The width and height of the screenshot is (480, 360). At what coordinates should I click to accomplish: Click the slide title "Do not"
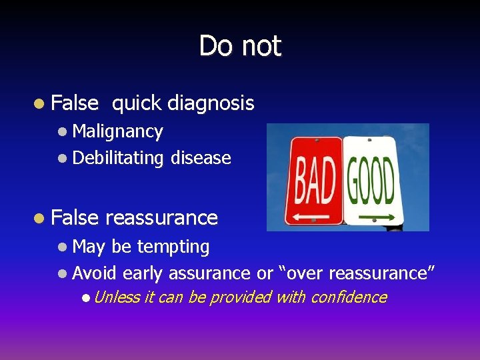coord(240,46)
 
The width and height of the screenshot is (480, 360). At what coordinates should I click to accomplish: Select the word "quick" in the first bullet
coord(137,103)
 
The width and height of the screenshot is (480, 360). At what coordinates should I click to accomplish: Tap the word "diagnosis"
coord(211,103)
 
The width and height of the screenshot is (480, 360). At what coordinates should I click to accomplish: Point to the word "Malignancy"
coord(117,131)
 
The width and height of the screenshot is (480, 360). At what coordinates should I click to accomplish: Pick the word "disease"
coord(201,158)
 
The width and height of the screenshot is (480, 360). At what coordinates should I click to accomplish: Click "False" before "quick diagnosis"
coord(74,103)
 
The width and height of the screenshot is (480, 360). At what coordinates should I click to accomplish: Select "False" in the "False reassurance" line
coord(74,217)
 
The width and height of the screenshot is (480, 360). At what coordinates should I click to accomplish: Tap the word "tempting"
coord(173,247)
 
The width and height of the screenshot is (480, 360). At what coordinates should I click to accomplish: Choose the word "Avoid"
coord(95,273)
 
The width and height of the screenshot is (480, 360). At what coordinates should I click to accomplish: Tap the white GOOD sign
coord(370,181)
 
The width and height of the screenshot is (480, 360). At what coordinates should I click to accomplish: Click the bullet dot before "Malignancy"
coord(62,132)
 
